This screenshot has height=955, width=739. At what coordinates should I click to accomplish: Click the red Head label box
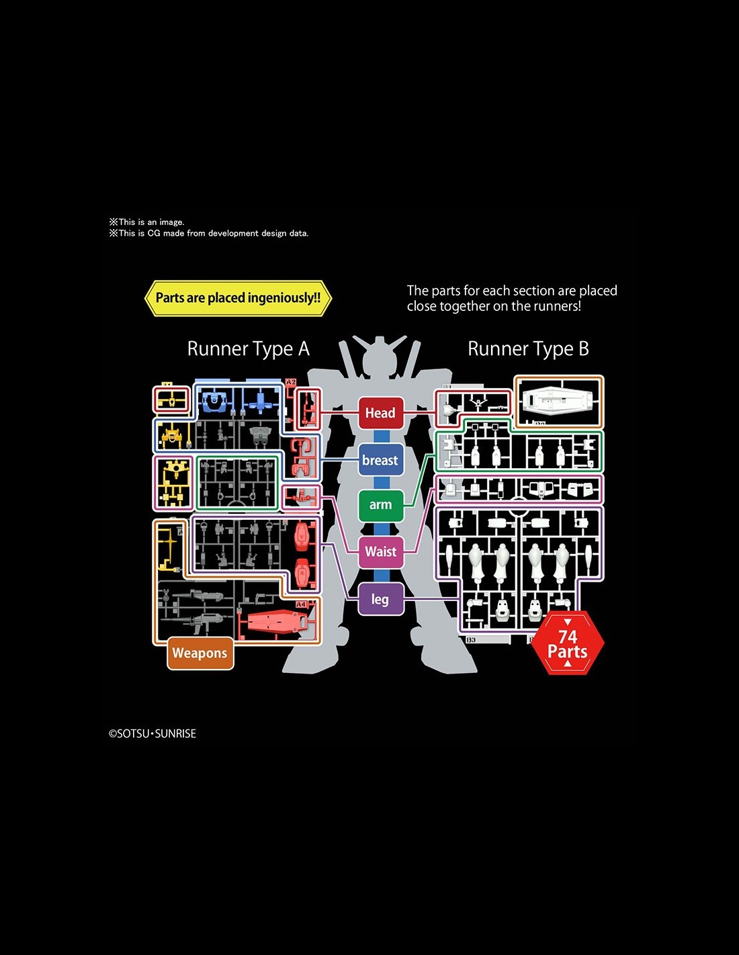click(x=380, y=413)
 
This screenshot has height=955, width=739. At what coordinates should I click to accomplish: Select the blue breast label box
click(x=380, y=460)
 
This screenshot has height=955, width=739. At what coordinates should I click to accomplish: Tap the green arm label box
click(x=380, y=504)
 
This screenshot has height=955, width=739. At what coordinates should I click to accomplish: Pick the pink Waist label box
click(x=380, y=551)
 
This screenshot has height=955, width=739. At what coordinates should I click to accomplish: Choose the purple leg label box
click(x=380, y=599)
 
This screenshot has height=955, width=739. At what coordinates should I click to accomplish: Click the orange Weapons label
click(x=200, y=653)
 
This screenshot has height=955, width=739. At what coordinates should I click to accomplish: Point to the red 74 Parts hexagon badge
click(x=568, y=643)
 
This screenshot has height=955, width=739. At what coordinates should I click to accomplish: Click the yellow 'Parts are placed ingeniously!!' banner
click(x=238, y=298)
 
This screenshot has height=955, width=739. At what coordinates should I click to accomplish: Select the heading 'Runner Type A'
click(x=248, y=349)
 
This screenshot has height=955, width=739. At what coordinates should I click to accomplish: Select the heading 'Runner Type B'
click(x=528, y=349)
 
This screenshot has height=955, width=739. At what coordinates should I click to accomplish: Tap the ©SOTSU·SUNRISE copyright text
click(x=153, y=734)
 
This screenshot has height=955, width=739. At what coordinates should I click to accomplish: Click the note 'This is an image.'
click(x=147, y=222)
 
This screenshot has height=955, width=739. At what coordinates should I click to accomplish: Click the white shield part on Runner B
click(x=558, y=401)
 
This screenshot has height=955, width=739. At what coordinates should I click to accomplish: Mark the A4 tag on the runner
click(x=301, y=604)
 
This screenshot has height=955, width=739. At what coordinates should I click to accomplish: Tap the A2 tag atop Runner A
click(x=291, y=382)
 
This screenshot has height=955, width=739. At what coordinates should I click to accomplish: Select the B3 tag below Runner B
click(x=471, y=640)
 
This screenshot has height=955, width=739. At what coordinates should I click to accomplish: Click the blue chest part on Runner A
click(x=214, y=401)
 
